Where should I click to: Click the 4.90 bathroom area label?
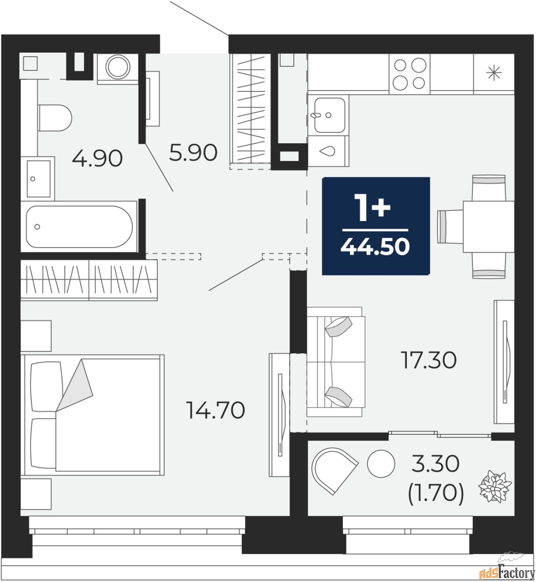[x=97, y=158]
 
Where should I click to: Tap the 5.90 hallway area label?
[x=193, y=152]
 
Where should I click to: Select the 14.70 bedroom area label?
[x=215, y=410]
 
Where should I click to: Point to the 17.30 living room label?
[x=429, y=360]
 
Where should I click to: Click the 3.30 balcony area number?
[x=435, y=464]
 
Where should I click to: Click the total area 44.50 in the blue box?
[x=375, y=246]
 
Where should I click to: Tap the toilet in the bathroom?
[x=55, y=118]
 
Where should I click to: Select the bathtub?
[x=79, y=226]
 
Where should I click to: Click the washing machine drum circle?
[x=118, y=67]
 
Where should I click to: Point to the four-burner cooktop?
[x=410, y=74]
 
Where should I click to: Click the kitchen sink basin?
[x=330, y=115]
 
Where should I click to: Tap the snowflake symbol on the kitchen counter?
[x=494, y=73]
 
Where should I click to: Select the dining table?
[x=488, y=226]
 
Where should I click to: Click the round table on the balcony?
[x=381, y=464]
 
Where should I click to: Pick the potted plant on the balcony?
[x=495, y=490]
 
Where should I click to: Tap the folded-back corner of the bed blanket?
[x=75, y=385]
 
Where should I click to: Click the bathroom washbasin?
[x=38, y=178]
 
